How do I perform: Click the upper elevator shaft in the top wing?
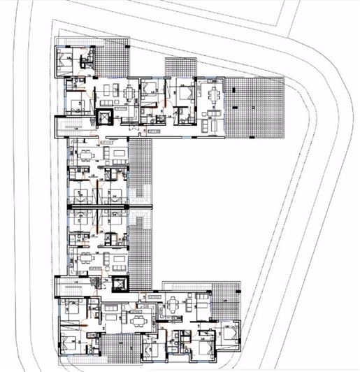(x=104, y=117)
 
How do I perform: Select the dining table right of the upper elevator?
(x=128, y=94)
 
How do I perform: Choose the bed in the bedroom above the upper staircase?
(x=76, y=102)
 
